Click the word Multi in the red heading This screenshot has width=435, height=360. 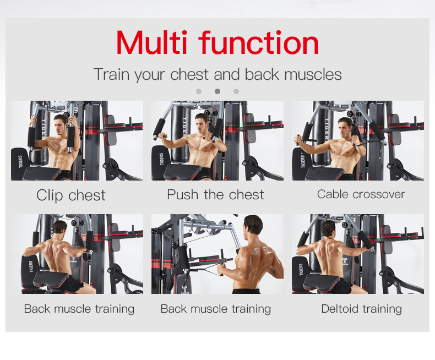[x=152, y=42]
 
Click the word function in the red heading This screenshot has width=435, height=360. [x=259, y=42]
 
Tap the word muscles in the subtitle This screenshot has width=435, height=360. [x=313, y=74]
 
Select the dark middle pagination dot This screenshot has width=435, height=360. [x=218, y=91]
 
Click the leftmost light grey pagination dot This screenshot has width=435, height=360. [x=199, y=91]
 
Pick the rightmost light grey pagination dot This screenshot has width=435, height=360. [x=236, y=91]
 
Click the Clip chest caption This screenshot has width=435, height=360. [x=71, y=195]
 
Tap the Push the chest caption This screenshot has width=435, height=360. [x=215, y=195]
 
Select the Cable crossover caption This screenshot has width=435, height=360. [x=361, y=194]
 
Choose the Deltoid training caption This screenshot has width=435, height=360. [x=361, y=309]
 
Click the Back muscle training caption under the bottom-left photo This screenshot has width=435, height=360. [x=79, y=309]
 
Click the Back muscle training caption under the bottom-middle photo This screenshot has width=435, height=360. [x=216, y=309]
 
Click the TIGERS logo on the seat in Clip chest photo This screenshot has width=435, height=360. [x=20, y=162]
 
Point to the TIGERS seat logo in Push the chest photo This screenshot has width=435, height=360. [x=162, y=159]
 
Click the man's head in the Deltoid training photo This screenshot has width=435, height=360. [x=328, y=228]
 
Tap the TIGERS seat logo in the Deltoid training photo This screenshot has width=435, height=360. [x=302, y=269]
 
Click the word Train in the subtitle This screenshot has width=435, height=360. [x=112, y=74]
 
